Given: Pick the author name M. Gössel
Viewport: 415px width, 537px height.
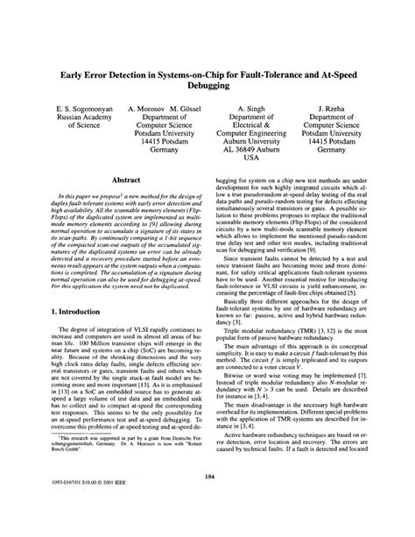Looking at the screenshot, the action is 193,111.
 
